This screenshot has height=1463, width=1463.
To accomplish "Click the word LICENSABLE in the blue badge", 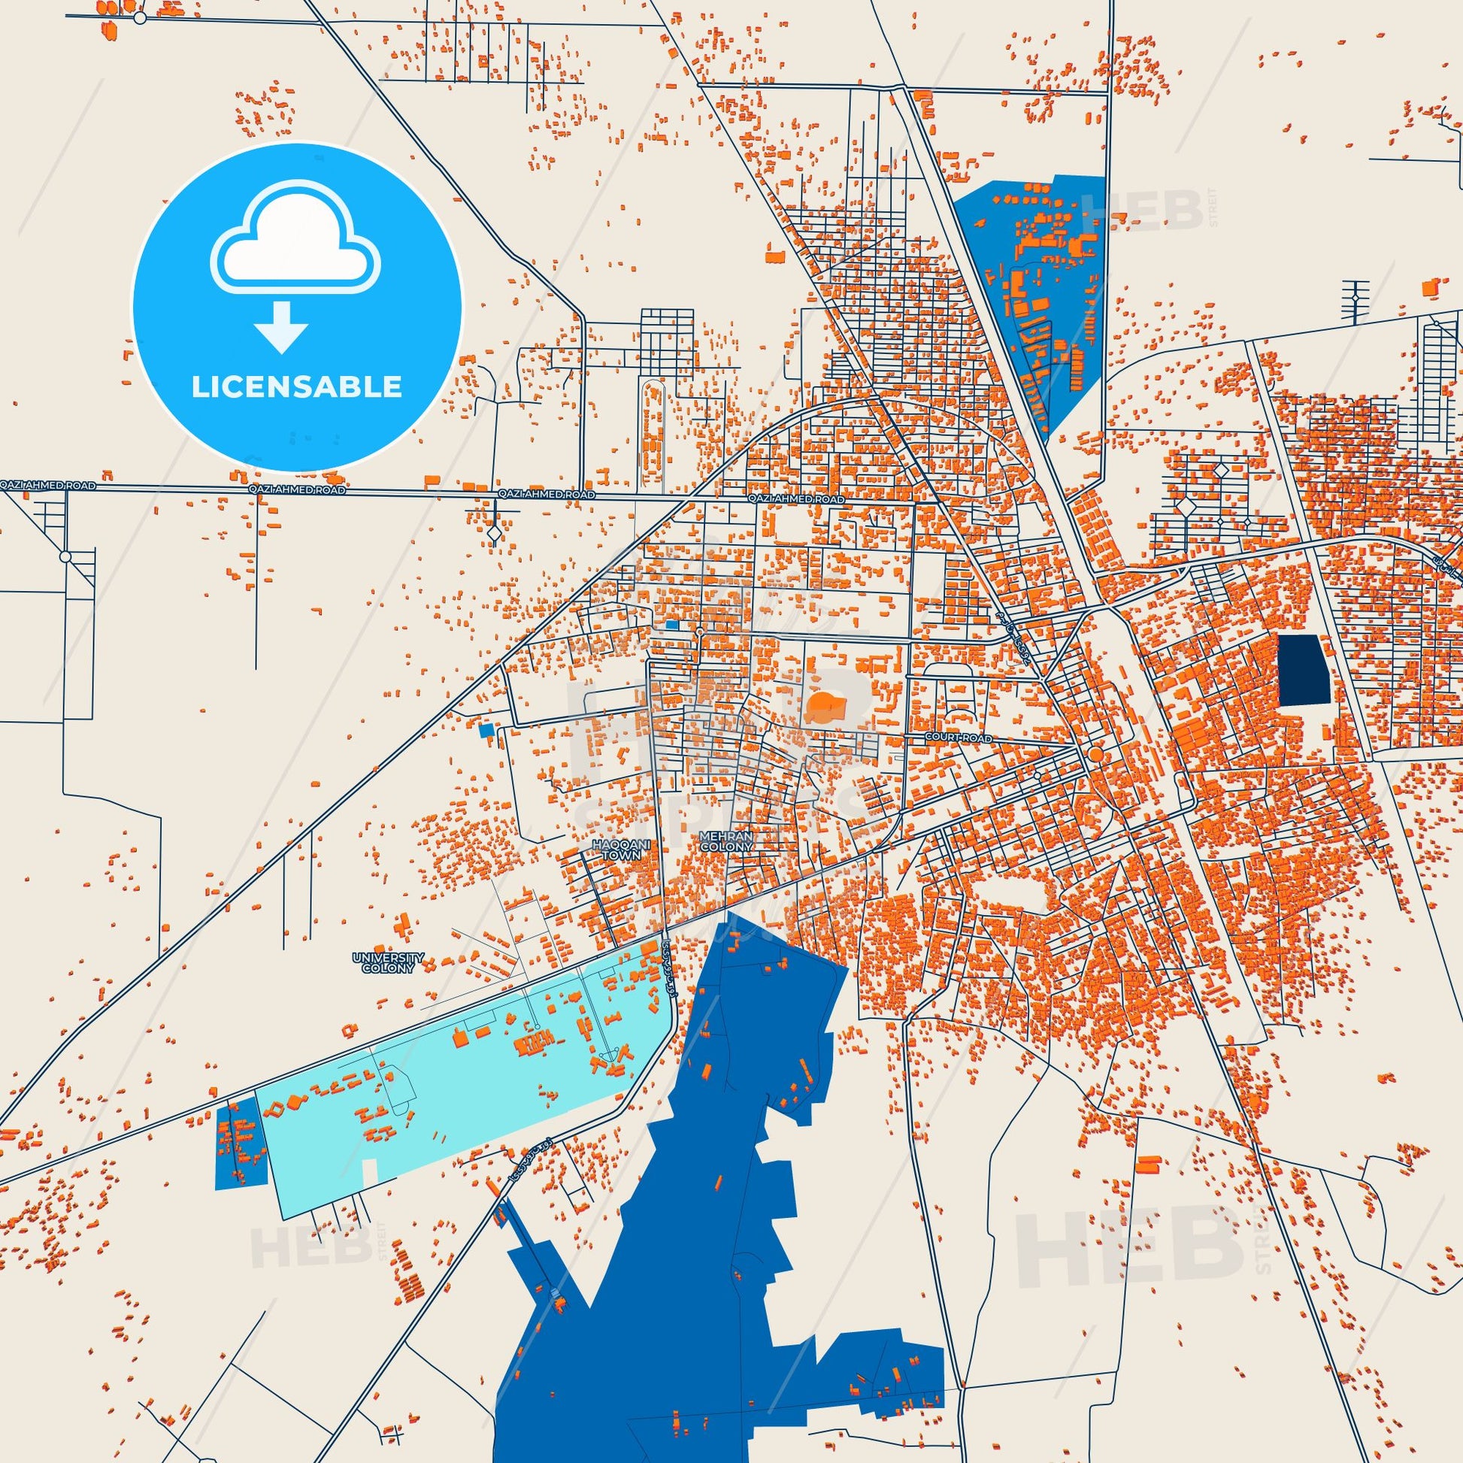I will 296,387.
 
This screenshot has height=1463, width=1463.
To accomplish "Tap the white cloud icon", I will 296,237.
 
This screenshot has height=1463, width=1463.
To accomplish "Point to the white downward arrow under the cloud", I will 281,326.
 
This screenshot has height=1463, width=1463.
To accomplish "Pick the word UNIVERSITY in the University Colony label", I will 388,957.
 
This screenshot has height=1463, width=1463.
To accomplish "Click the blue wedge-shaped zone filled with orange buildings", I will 1037,288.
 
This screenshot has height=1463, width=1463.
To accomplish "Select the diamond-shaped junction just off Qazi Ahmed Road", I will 494,534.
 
